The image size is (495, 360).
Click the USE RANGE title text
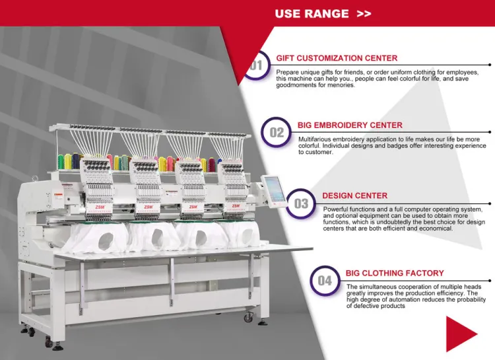(312, 14)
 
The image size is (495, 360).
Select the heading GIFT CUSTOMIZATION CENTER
(337, 58)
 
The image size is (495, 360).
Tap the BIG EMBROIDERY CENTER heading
(350, 125)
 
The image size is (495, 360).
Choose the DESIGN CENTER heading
(355, 196)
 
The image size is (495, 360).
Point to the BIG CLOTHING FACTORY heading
(395, 273)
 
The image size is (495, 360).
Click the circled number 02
(277, 132)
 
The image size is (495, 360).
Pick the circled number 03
(301, 203)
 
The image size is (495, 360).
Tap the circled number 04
(325, 281)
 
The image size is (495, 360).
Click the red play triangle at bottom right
(459, 334)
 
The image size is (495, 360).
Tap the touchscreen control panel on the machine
(274, 191)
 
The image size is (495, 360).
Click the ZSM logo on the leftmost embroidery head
(100, 207)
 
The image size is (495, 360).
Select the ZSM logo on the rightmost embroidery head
(236, 205)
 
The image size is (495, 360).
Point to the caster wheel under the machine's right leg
(248, 316)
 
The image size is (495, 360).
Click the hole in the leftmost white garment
(106, 241)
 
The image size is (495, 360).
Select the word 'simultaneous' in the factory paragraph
(376, 287)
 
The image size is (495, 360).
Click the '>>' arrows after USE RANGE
(364, 14)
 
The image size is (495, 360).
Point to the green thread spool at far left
(61, 162)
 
